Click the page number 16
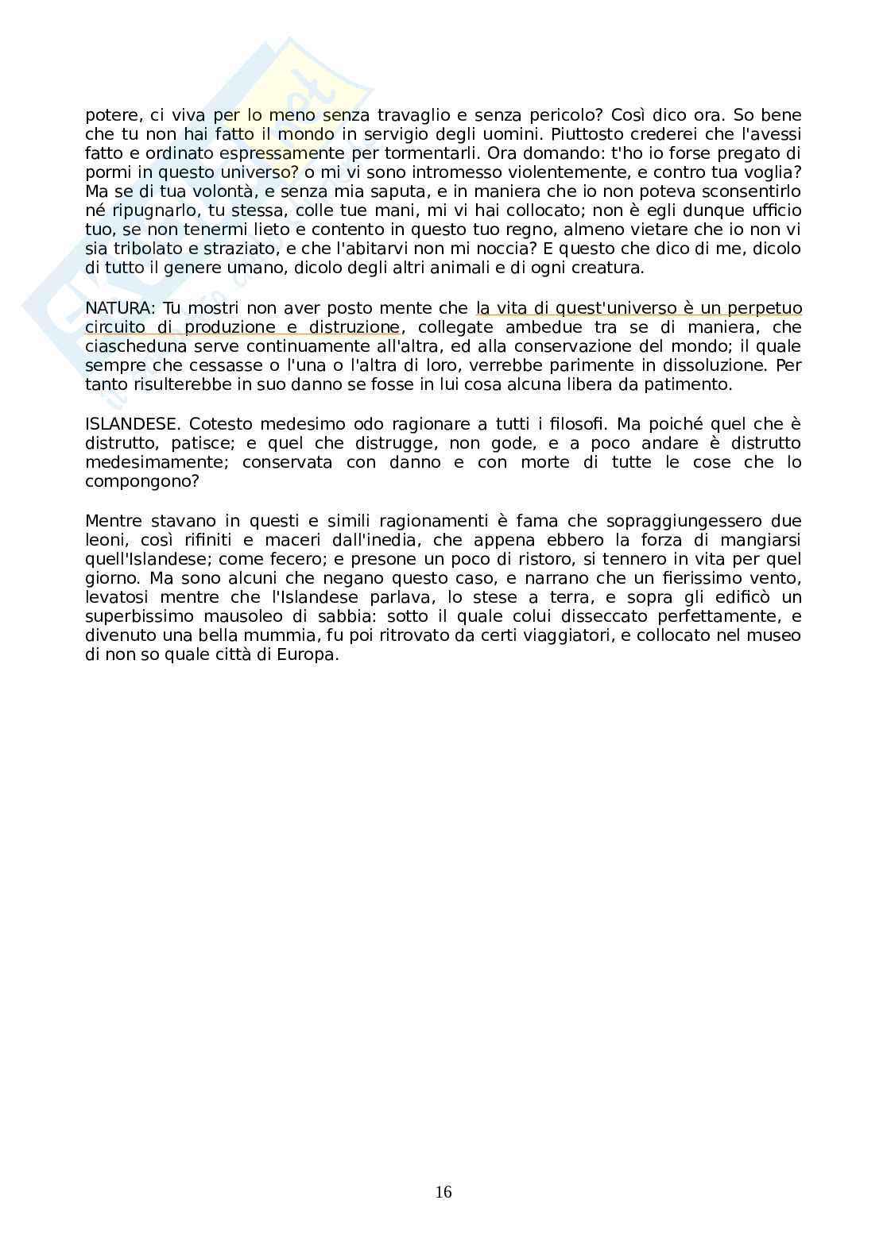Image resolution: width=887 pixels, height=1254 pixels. pos(443,1192)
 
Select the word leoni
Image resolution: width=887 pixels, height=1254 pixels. pos(103,540)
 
